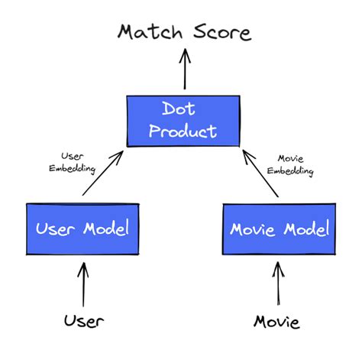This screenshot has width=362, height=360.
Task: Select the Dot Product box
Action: [183, 121]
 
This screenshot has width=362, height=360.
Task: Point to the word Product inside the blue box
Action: [183, 131]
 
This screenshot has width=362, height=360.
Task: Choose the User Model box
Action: [82, 229]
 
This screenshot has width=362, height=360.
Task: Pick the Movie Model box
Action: [279, 229]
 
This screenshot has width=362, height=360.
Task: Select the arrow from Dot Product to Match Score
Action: [183, 70]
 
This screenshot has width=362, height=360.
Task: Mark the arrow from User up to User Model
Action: [83, 280]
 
